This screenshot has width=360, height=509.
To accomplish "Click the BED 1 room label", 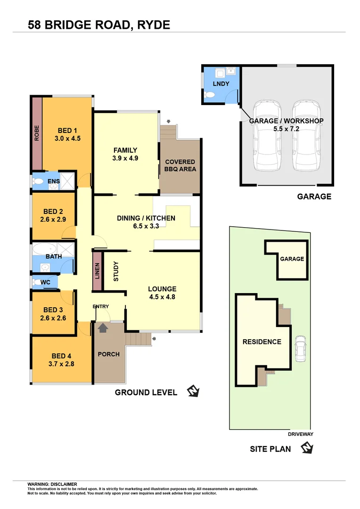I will (x=67, y=131).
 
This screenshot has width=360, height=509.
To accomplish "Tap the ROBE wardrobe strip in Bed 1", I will (x=37, y=133).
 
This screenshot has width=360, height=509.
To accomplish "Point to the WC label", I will (x=46, y=282).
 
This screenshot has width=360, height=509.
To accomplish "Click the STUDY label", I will (x=116, y=271).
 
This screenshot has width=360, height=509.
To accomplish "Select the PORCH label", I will (x=108, y=354).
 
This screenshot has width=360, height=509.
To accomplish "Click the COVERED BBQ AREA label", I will (x=180, y=165).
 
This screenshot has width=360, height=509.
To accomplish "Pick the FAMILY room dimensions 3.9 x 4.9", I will (x=125, y=158).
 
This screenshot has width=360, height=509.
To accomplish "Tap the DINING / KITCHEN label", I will (x=146, y=218).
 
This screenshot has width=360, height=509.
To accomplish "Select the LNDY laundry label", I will (x=221, y=84).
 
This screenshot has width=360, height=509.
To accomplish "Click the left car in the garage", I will (x=266, y=137).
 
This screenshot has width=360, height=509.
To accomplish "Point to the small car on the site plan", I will (x=299, y=349).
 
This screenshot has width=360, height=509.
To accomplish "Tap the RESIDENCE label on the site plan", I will (x=262, y=342).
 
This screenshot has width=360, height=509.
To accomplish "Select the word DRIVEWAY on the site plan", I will (x=300, y=435).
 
